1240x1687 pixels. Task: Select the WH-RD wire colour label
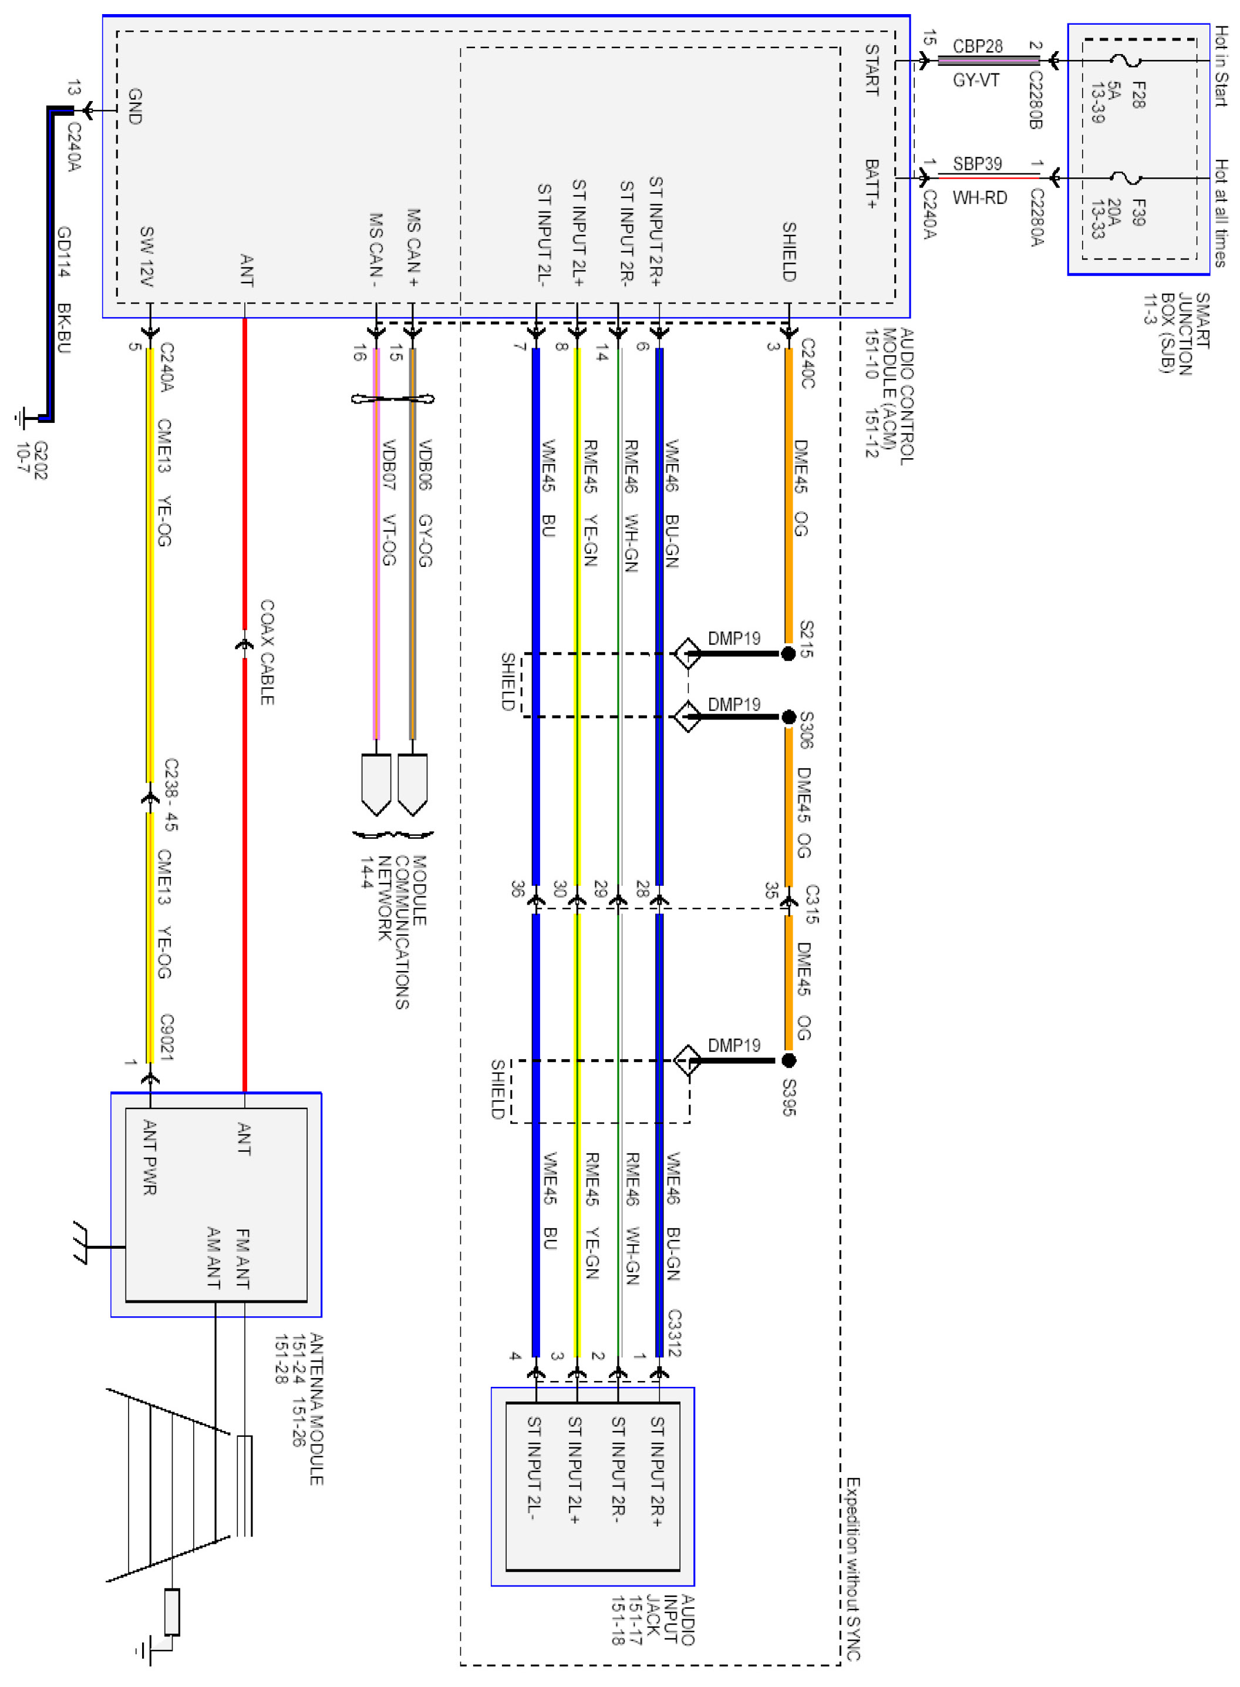[979, 198]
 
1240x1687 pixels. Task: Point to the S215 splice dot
[788, 654]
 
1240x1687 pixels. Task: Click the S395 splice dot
[788, 1060]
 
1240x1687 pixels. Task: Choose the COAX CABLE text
[267, 651]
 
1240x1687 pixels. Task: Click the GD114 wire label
[65, 251]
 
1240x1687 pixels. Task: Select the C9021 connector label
[167, 1037]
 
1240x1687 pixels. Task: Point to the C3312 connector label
[674, 1333]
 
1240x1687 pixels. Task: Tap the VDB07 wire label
[389, 465]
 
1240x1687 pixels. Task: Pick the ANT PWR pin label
[149, 1156]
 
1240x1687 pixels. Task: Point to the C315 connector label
[812, 903]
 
